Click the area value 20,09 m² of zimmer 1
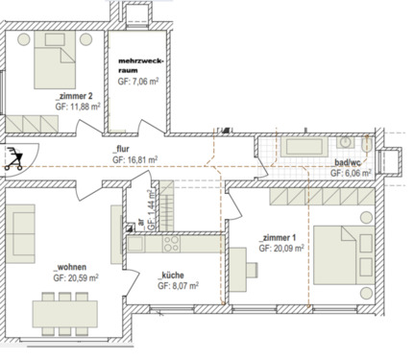pyautogui.click(x=281, y=247)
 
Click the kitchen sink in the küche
pyautogui.click(x=140, y=246)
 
